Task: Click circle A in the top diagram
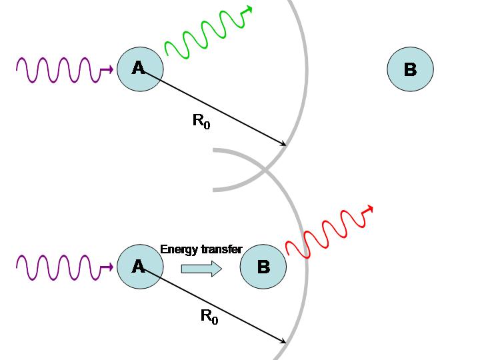[x=140, y=68]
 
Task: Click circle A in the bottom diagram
[x=140, y=267]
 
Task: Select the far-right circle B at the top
[x=410, y=69]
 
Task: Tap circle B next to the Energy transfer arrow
[x=263, y=267]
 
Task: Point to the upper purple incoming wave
[x=57, y=69]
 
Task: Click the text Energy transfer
[x=201, y=250]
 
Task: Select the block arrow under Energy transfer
[x=201, y=269]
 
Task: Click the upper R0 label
[x=201, y=121]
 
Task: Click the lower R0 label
[x=209, y=317]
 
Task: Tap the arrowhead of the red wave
[x=368, y=209]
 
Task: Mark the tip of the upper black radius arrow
[x=285, y=145]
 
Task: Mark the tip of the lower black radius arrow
[x=285, y=343]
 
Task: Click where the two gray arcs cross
[x=265, y=170]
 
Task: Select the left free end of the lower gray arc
[x=213, y=151]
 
